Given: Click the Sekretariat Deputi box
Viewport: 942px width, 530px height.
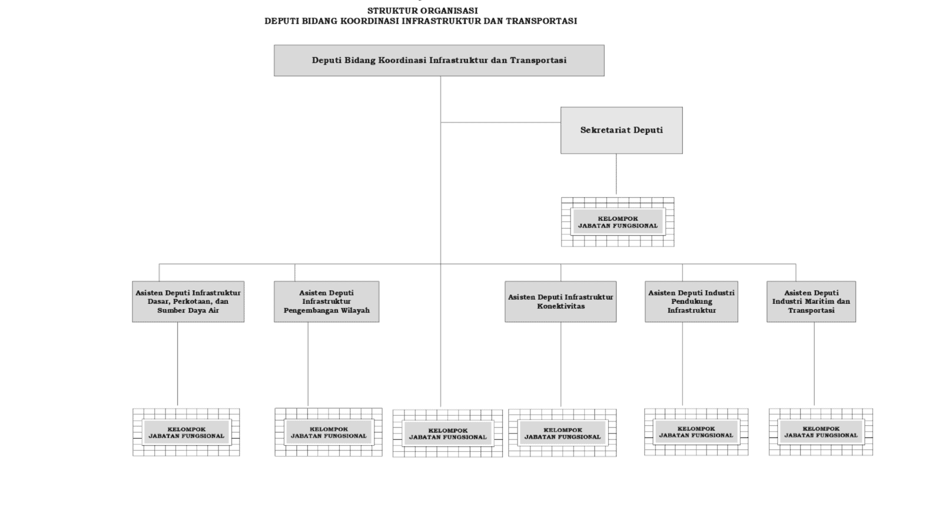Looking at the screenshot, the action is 622,130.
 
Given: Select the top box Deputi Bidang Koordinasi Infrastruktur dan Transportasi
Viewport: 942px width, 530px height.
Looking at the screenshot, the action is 439,61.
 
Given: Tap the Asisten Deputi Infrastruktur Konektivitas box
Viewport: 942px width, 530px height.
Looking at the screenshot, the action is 560,302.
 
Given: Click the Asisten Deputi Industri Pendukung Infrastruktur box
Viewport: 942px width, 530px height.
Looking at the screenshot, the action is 691,302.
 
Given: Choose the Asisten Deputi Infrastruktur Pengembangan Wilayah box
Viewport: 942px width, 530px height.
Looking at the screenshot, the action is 326,302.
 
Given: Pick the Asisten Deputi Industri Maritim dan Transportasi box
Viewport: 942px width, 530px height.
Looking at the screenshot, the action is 811,302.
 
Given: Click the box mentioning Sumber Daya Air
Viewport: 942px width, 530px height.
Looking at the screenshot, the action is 188,302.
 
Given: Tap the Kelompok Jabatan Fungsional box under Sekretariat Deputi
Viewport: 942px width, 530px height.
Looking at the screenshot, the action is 618,222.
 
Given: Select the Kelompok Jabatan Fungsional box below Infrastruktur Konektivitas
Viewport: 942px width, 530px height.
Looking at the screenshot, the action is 562,433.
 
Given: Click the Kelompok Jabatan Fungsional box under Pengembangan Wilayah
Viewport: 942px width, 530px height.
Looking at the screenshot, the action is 329,432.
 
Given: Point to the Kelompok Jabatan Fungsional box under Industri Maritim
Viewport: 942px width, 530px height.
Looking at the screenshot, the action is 821,432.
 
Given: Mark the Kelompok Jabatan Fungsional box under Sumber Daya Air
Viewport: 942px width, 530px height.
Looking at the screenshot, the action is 186,432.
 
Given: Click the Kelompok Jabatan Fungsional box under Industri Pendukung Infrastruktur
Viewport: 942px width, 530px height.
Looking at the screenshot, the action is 696,432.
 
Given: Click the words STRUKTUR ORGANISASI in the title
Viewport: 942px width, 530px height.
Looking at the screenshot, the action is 422,11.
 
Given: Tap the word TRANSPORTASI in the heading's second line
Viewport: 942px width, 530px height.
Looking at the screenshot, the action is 541,21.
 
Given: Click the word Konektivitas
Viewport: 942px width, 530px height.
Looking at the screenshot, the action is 560,306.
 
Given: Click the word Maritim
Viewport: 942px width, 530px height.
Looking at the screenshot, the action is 816,301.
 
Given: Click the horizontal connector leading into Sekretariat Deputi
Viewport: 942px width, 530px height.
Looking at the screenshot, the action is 500,122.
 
